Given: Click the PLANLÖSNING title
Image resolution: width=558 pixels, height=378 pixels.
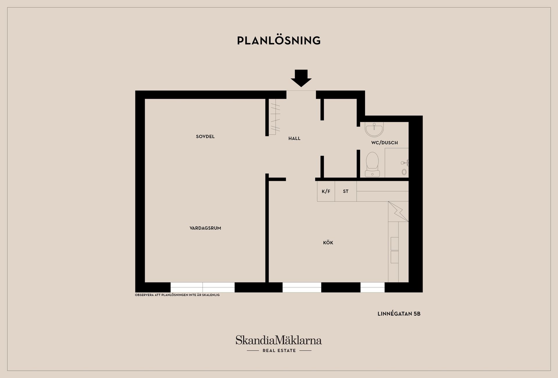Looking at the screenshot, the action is [x=279, y=40].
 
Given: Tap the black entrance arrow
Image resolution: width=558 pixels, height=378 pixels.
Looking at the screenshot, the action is [x=301, y=78].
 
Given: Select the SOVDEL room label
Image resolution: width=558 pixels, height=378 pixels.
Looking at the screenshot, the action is [x=205, y=136].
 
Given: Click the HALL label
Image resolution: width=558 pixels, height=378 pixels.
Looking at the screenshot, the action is [x=294, y=138].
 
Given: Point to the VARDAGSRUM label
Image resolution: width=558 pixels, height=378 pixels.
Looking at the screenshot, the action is [x=205, y=228].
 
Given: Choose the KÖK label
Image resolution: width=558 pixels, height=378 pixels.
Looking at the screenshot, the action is [x=328, y=243].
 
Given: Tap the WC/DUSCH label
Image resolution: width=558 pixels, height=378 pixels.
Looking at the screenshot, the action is [x=384, y=143].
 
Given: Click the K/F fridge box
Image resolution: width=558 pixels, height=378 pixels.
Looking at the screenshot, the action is [x=326, y=191].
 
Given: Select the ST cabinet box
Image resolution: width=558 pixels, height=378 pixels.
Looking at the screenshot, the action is [x=346, y=191].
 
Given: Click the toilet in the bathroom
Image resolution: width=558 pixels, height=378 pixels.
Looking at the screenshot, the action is [x=372, y=164].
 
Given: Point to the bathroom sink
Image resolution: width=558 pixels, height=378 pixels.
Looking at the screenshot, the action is [x=374, y=129].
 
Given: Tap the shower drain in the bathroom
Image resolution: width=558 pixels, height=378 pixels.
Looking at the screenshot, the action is [x=404, y=172].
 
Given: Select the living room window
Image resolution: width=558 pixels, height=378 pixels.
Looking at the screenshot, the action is [x=203, y=287].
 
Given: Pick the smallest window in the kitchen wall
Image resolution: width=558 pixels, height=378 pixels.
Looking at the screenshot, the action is [x=373, y=287].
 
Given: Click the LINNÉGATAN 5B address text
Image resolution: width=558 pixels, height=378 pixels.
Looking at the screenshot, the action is [x=399, y=314].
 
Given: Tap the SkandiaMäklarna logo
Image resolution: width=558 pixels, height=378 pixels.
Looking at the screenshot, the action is [x=279, y=340].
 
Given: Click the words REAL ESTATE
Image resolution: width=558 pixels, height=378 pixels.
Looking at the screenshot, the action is [x=279, y=351].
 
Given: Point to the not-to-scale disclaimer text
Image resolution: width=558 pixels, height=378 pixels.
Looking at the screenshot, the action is [x=177, y=295].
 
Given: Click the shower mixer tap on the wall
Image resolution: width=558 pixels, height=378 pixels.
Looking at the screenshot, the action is [x=405, y=163].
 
